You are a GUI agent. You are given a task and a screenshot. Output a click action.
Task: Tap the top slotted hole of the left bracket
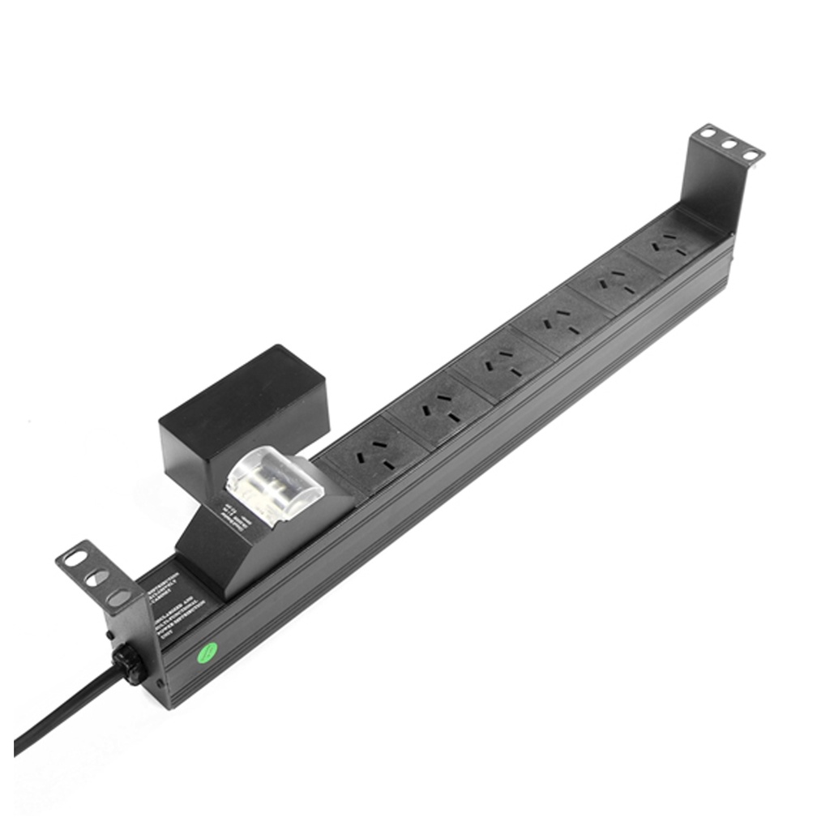(x=75, y=558)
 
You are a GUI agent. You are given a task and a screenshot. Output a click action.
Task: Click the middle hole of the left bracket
(x=96, y=577)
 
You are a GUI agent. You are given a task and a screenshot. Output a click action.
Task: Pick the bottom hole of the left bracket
(x=118, y=597)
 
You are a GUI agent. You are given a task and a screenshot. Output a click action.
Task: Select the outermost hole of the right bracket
(x=751, y=154)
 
